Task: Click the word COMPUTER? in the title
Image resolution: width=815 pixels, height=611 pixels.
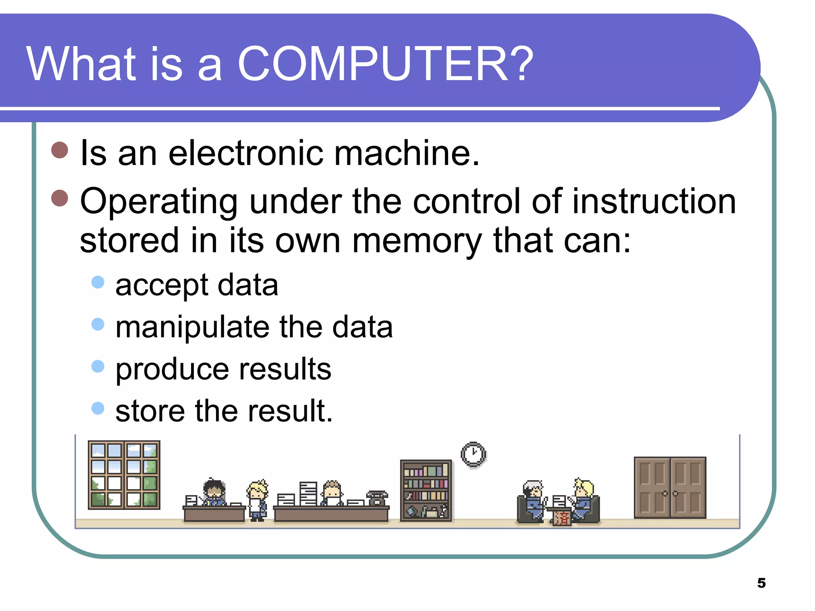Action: [385, 64]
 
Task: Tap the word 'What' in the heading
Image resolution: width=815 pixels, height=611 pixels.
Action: [82, 64]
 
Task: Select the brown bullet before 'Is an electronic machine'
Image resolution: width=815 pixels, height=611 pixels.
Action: [60, 150]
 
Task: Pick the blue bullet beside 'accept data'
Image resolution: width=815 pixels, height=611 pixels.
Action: [97, 282]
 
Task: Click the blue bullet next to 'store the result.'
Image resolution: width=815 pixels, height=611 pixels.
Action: [97, 408]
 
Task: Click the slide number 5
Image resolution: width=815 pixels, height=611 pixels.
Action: [761, 583]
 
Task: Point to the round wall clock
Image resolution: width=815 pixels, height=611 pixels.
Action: [473, 454]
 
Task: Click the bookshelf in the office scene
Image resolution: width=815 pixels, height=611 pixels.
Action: [426, 490]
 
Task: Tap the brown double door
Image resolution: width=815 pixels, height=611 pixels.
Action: [670, 487]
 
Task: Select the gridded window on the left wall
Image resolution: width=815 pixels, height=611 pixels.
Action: [124, 475]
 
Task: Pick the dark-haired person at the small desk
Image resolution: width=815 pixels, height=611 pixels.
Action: [214, 492]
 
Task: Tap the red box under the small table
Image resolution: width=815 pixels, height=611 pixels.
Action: [562, 518]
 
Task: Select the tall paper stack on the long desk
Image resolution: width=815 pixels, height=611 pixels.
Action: [308, 493]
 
